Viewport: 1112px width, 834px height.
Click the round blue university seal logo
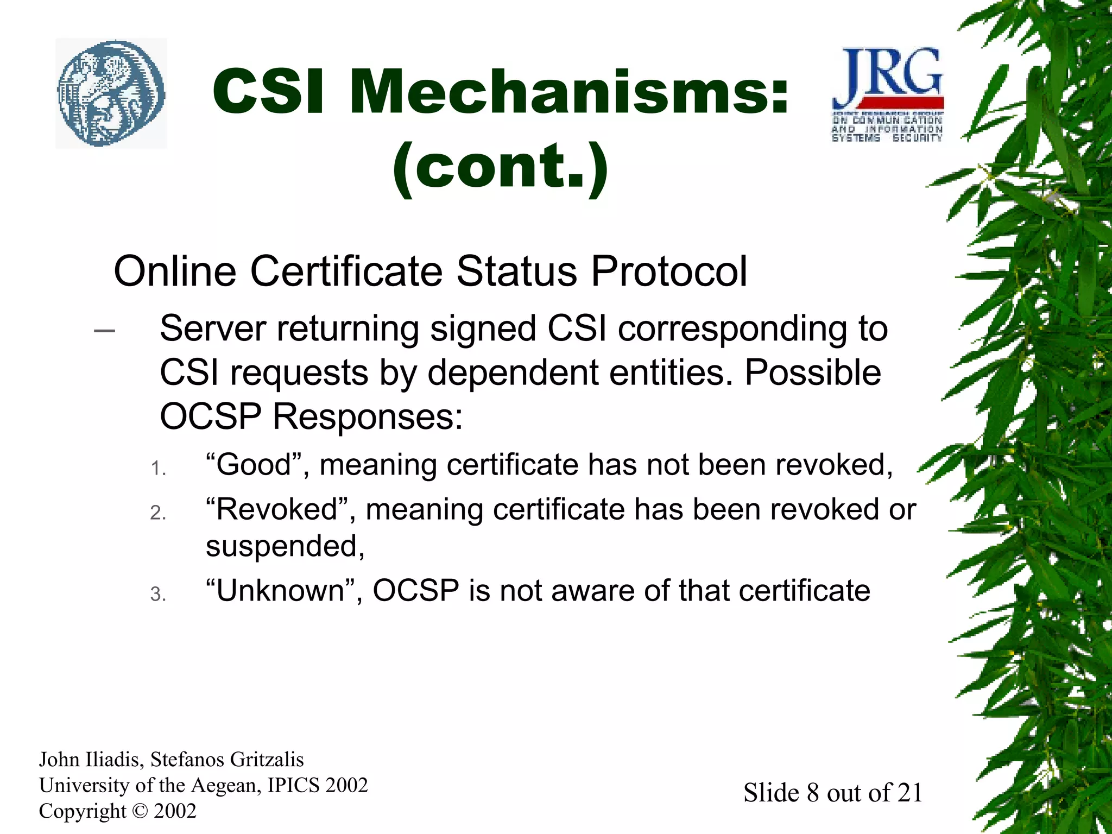point(111,93)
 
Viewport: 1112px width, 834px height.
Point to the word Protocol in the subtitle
point(669,271)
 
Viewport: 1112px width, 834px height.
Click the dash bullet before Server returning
point(104,330)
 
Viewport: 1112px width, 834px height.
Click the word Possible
point(812,373)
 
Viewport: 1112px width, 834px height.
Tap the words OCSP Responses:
point(311,417)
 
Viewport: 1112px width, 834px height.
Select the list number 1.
point(158,468)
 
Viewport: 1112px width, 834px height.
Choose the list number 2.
point(158,513)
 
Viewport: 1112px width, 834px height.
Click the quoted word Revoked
point(276,509)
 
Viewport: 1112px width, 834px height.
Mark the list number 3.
point(158,594)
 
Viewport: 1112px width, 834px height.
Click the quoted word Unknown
point(280,591)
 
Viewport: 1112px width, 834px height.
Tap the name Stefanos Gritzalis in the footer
point(227,759)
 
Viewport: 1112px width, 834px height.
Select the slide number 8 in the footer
point(812,793)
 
